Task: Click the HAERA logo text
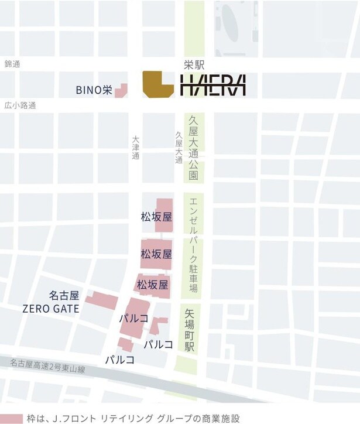(212, 86)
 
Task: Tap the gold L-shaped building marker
(157, 84)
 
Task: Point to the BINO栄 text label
(94, 90)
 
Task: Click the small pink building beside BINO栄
(121, 90)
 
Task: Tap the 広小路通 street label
(19, 105)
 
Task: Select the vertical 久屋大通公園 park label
(193, 147)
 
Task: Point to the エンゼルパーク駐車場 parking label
(193, 245)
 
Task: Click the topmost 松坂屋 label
(156, 217)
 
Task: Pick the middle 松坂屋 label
(156, 254)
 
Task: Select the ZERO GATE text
(51, 308)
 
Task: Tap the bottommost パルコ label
(119, 359)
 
